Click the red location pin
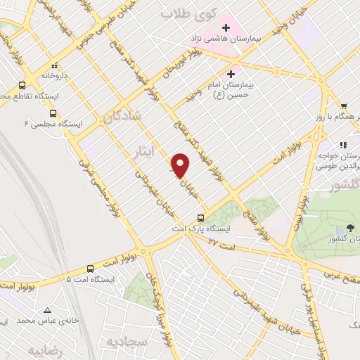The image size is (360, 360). point(181,165)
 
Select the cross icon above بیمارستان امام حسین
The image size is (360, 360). point(231,73)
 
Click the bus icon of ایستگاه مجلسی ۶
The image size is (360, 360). point(53,112)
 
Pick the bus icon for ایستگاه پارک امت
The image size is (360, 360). point(202,217)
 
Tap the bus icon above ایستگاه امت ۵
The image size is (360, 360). point(90,268)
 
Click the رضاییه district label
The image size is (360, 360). point(48,349)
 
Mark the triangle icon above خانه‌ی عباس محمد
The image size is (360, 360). point(47,310)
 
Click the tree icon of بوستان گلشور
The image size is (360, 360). point(340,229)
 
